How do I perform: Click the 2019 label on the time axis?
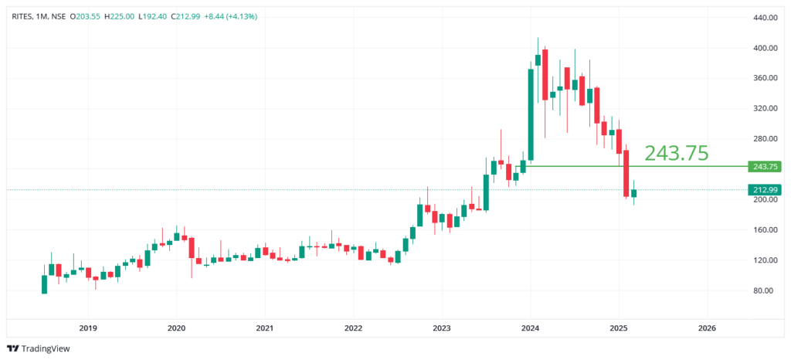(88, 328)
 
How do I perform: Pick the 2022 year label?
(353, 328)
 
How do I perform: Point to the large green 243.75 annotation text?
(676, 153)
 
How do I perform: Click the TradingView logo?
(39, 348)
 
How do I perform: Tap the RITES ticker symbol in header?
(23, 17)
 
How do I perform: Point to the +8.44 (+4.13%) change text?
(224, 17)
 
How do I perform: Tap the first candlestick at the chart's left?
(44, 284)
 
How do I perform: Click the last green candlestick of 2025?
(633, 193)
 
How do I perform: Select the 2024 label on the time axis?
(530, 328)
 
